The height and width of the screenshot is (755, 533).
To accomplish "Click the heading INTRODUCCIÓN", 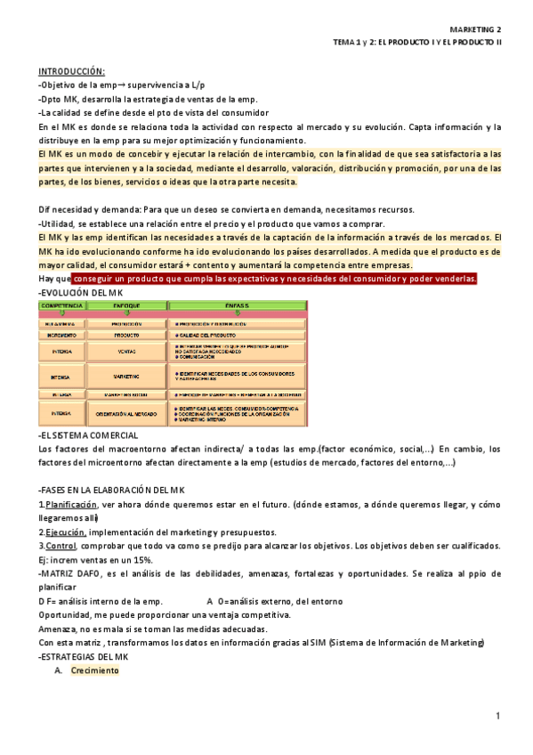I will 71,71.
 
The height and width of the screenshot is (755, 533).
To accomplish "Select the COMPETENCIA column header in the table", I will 62,305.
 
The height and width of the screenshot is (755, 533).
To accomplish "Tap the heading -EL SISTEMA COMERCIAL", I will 88,435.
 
